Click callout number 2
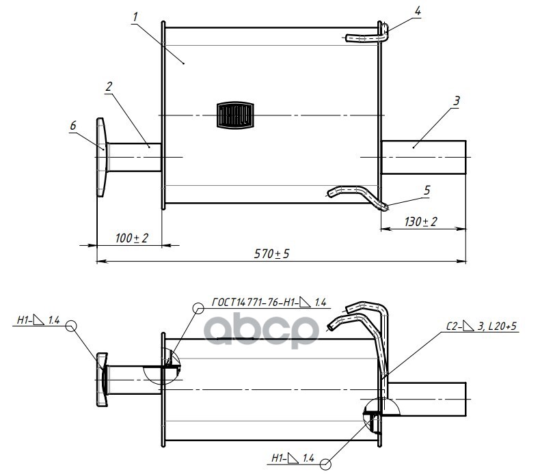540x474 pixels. click(x=109, y=86)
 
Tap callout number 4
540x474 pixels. click(x=418, y=11)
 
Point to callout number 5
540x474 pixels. click(x=427, y=191)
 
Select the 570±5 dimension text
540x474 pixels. click(x=272, y=253)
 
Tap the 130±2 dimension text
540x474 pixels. click(x=421, y=223)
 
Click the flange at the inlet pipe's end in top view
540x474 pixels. click(x=101, y=157)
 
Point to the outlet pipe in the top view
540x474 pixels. click(x=423, y=158)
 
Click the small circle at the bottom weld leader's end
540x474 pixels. click(x=324, y=464)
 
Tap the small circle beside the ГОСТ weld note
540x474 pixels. click(x=199, y=308)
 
